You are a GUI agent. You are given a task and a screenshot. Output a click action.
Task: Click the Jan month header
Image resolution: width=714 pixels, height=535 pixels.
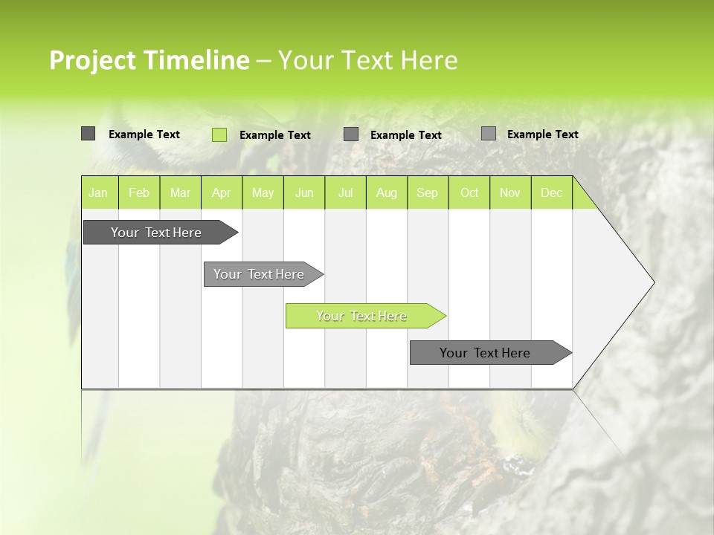pos(98,193)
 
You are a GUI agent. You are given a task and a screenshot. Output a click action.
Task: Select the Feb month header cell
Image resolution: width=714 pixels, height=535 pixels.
pos(139,193)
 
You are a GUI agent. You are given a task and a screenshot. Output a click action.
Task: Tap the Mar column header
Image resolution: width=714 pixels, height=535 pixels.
pos(180,193)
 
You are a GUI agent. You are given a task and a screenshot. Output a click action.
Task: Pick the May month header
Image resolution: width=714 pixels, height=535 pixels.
pos(263,193)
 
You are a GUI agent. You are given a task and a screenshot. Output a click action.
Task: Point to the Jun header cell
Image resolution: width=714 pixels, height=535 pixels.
pos(304,193)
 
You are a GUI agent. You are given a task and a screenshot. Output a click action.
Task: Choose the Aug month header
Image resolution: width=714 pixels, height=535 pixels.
pos(386,193)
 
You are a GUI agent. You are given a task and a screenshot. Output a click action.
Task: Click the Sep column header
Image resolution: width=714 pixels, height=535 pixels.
pos(428,193)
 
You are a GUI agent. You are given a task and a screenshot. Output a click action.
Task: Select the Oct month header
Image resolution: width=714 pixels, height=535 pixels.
pos(469,193)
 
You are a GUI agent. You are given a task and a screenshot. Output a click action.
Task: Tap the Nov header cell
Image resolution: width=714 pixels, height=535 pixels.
pos(510,193)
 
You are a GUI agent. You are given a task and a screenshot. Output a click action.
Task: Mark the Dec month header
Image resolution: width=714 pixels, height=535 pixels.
pos(551,193)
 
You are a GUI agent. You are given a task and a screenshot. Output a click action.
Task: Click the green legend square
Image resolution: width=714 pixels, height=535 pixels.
pos(219,134)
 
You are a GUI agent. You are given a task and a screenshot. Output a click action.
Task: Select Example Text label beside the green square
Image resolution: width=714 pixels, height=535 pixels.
pos(275,135)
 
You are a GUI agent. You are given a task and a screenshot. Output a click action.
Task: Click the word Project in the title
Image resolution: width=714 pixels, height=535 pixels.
pos(94,60)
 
